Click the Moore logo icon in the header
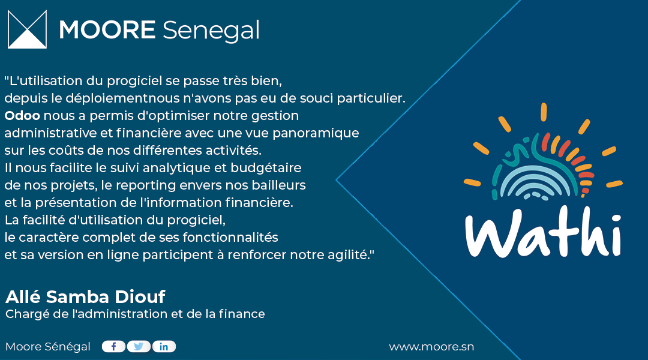tap(27, 29)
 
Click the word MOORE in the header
tap(107, 30)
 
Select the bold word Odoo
tap(22, 115)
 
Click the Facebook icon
tap(113, 346)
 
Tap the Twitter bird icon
tap(139, 346)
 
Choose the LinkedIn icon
tap(164, 346)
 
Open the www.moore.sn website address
tap(431, 347)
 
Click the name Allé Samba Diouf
tap(85, 296)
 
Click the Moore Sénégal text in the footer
tap(48, 347)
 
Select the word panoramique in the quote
tap(321, 133)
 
